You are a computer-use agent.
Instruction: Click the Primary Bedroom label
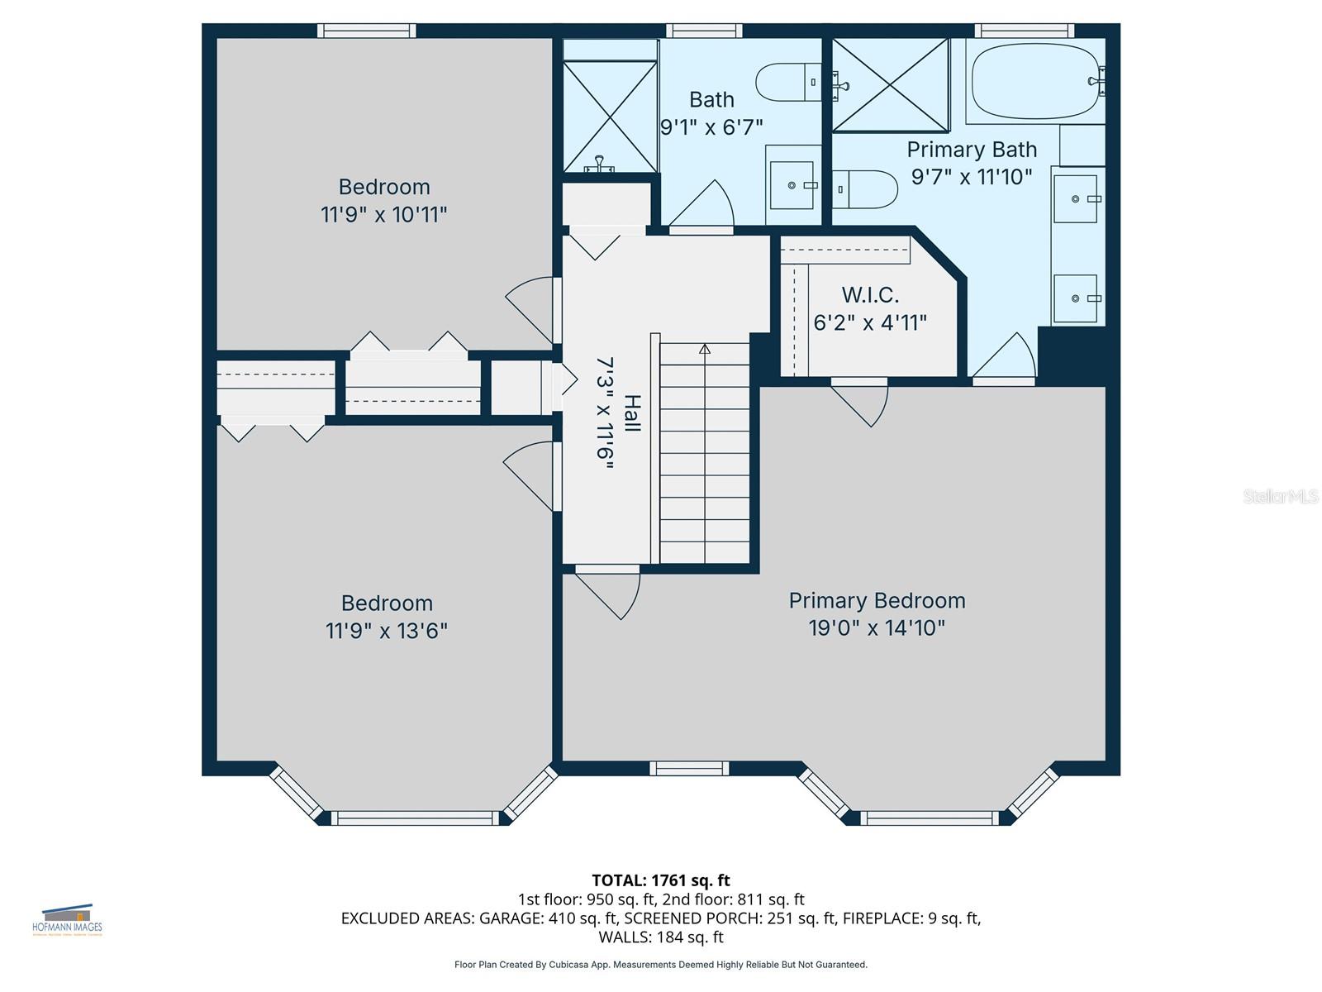click(877, 601)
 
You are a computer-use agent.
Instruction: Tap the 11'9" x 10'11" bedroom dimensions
click(384, 215)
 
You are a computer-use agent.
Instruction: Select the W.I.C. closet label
click(870, 295)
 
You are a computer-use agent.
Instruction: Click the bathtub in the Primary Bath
click(1034, 81)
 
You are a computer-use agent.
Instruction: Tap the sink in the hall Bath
click(792, 185)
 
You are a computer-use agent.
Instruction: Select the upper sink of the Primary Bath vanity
click(1076, 199)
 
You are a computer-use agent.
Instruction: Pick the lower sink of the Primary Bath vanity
click(1076, 298)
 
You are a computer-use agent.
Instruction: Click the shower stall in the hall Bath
click(610, 116)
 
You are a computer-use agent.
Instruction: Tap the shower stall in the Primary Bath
click(890, 84)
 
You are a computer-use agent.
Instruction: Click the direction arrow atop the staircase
click(705, 350)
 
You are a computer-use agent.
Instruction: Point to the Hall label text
click(632, 413)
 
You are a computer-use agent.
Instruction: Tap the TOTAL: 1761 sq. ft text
click(661, 880)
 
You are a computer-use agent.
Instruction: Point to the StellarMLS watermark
click(1280, 496)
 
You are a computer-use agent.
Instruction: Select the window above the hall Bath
click(704, 31)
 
